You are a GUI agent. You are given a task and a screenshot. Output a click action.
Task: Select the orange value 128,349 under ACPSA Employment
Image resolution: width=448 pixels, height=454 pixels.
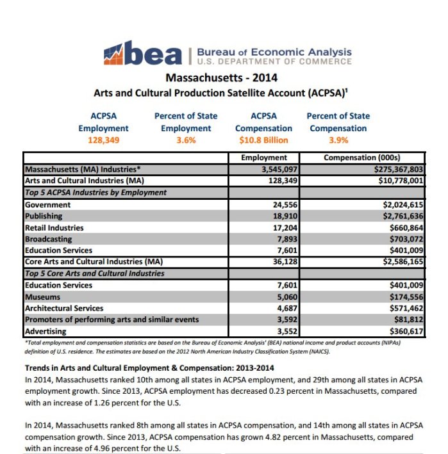click(99, 140)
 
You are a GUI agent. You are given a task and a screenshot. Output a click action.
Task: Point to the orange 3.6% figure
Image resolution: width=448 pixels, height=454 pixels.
click(185, 140)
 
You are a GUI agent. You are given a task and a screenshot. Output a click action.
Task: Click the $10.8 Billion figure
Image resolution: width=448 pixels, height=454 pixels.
click(263, 140)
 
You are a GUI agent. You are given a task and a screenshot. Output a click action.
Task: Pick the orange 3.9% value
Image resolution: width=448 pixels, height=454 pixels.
click(338, 140)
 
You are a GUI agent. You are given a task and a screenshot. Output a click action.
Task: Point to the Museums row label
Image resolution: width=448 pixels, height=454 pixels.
click(42, 297)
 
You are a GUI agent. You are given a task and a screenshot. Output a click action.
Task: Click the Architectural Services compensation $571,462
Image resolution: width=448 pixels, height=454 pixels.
click(400, 309)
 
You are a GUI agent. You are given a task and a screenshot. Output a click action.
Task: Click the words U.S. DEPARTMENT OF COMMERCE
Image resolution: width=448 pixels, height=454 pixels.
click(274, 61)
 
